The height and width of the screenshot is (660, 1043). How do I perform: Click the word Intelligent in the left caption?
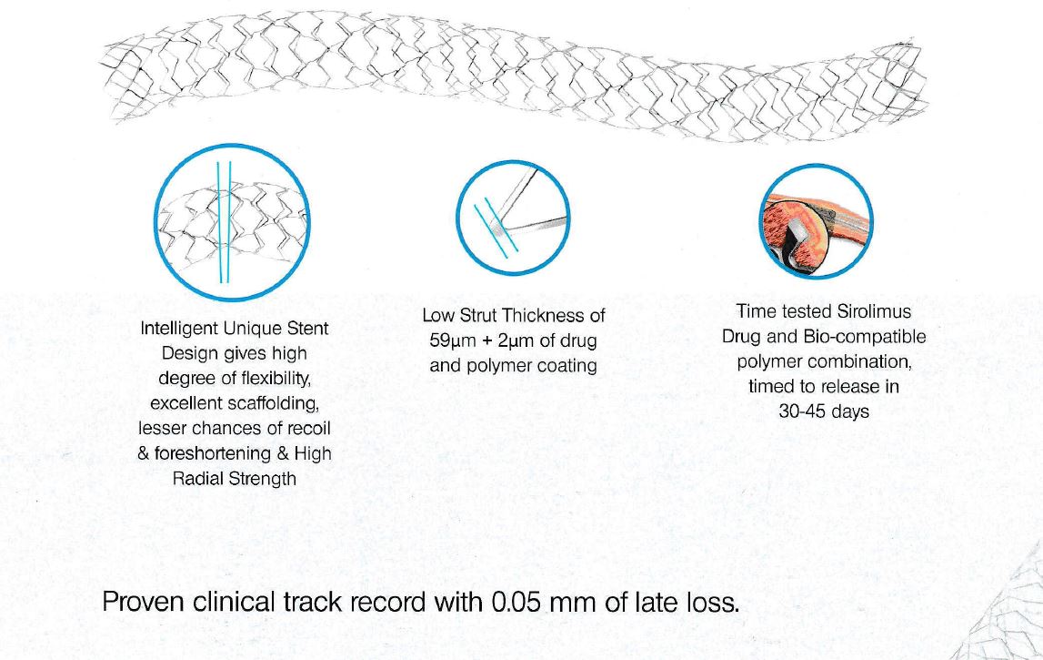pos(178,329)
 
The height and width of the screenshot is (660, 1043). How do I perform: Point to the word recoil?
pos(308,428)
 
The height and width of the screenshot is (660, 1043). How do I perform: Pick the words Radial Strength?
pos(234,479)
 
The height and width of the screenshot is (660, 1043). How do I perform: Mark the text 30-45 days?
pos(824,411)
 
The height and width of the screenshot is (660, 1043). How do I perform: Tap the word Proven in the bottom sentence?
pos(143,602)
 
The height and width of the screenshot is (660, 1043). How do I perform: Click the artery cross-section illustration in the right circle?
pos(816,222)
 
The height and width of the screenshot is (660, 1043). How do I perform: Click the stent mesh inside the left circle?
pos(232,223)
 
